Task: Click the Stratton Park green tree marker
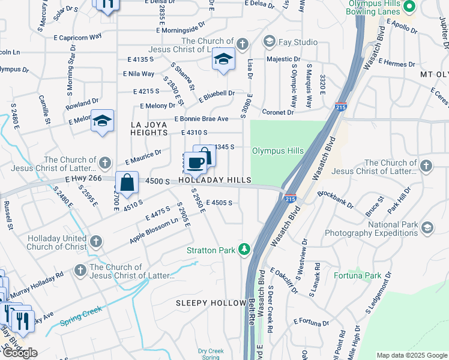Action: pos(244,249)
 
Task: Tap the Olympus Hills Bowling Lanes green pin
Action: pos(409,7)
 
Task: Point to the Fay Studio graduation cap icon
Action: pos(270,42)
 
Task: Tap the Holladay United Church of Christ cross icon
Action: pos(95,242)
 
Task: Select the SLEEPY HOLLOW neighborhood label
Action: pos(211,303)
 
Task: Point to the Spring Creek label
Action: pos(81,317)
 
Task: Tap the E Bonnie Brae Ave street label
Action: pos(201,119)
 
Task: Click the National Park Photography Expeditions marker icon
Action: pos(427,227)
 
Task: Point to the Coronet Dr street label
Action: pos(277,112)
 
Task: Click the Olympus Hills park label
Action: pos(277,151)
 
